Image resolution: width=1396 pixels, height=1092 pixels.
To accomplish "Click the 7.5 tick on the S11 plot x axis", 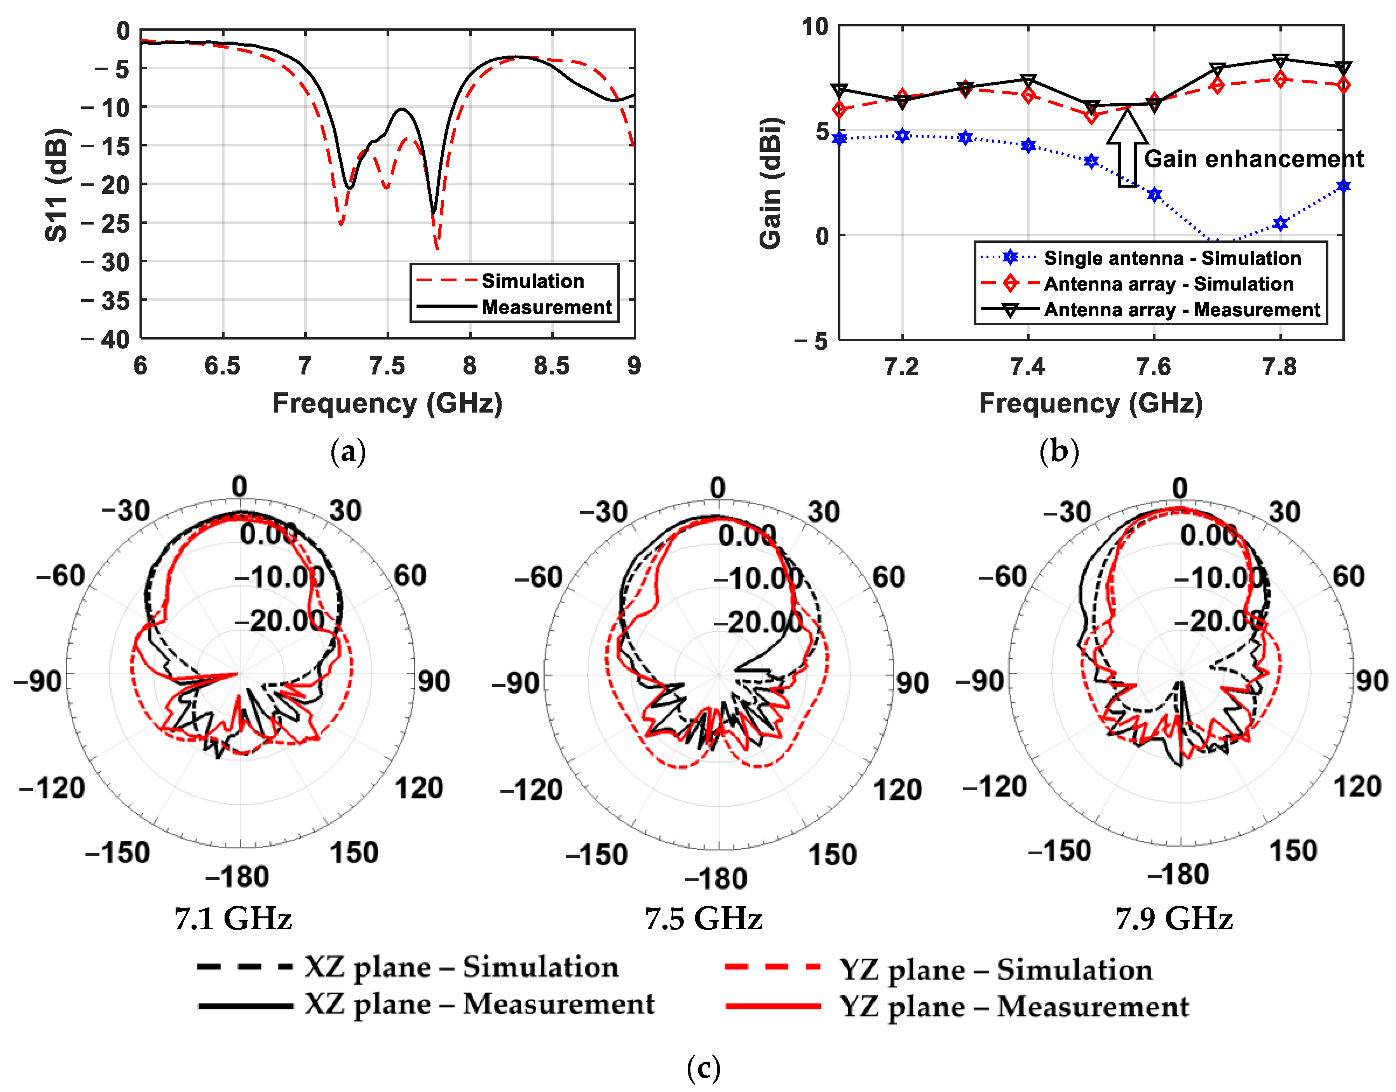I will coord(387,366).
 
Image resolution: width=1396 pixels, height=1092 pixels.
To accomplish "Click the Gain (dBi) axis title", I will coord(770,183).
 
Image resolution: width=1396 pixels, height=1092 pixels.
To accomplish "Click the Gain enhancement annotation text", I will coord(1253,158).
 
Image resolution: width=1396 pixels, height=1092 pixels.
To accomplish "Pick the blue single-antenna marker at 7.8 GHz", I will coord(1279,223).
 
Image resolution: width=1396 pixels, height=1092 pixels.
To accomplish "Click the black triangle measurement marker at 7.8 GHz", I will coord(1279,61).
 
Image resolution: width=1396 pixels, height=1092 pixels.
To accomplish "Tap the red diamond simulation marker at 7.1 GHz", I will coord(840,110).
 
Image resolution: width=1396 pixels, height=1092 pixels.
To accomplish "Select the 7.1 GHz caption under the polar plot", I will coord(234,919).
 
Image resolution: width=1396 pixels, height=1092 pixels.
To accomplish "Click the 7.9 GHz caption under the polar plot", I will coord(1174,919).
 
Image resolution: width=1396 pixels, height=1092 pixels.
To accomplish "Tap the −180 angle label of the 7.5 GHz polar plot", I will coord(716,879).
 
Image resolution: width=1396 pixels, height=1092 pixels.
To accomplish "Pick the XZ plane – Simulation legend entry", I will coord(460,967).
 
